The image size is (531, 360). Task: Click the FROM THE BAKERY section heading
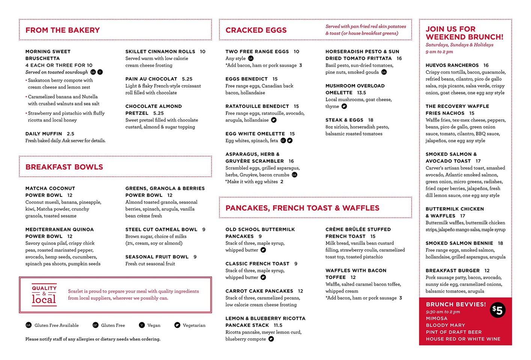(x=62, y=30)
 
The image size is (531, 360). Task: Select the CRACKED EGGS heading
(x=256, y=30)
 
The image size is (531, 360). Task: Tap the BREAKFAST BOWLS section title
(x=64, y=167)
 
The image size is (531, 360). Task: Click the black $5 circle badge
(x=498, y=310)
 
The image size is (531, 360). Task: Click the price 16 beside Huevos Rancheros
(x=486, y=65)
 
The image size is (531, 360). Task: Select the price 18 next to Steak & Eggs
(x=371, y=120)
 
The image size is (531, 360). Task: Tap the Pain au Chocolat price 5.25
(x=187, y=79)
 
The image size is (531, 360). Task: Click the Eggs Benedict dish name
(x=247, y=79)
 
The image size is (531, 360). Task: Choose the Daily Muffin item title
(x=44, y=134)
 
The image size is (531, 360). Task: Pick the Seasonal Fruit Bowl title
(x=157, y=257)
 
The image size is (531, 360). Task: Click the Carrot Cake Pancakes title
(x=259, y=291)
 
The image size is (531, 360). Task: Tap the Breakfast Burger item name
(x=453, y=270)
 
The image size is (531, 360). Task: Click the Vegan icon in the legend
(x=142, y=325)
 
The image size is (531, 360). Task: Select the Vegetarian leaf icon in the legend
(x=177, y=325)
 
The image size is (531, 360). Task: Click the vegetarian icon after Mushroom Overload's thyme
(x=344, y=106)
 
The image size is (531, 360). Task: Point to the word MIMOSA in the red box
(x=436, y=318)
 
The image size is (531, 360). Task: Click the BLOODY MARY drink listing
(x=445, y=325)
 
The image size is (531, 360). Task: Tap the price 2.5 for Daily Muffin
(x=71, y=134)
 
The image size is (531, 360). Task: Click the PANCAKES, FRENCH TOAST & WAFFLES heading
(x=302, y=208)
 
